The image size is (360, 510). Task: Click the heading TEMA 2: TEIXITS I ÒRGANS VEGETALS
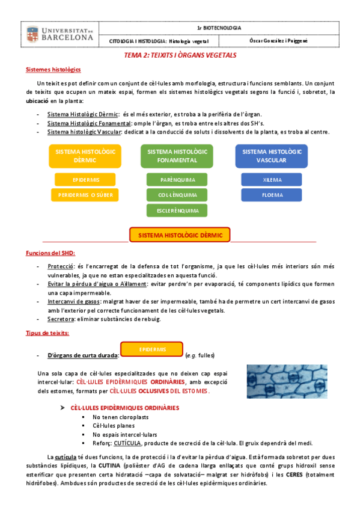(180, 55)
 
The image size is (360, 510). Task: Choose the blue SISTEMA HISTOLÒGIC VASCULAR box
(271, 156)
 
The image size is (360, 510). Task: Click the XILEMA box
(271, 179)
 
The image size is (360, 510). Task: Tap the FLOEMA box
(271, 195)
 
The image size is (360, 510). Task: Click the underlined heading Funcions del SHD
(51, 252)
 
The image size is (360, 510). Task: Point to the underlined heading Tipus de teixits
(47, 333)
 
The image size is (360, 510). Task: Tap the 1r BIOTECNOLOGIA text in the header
(219, 28)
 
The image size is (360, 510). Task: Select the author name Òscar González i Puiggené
(278, 41)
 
